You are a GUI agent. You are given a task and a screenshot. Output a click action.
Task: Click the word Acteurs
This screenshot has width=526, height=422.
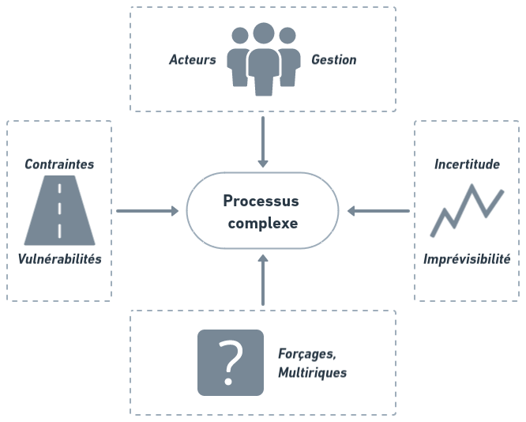pos(192,60)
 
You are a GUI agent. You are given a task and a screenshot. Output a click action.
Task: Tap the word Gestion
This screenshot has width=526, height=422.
pos(333,60)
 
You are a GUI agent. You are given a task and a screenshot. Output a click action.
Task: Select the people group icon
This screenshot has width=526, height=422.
pos(263,58)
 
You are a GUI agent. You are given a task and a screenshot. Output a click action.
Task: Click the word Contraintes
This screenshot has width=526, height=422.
pos(59,164)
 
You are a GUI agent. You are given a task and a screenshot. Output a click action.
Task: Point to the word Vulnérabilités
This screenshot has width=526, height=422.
pos(60,258)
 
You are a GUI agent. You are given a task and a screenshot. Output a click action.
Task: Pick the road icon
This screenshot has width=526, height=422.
pos(59,210)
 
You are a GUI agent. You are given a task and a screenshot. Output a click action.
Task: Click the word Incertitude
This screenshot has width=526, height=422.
pos(467,164)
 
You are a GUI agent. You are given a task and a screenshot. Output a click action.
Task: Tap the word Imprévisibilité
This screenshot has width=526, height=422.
pos(467,258)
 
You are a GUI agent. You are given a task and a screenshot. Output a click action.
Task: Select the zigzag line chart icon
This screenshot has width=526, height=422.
pos(467,209)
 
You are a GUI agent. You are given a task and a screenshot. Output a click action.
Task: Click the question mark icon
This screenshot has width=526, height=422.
pos(231,362)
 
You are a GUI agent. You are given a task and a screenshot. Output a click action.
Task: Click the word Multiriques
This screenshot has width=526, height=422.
pos(312,372)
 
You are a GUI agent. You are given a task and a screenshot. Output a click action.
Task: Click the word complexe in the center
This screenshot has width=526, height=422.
pos(262,223)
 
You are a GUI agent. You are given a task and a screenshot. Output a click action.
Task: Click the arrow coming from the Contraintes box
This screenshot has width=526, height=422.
pos(148,211)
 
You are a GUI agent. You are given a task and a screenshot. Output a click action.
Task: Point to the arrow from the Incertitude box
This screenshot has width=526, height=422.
pos(378,211)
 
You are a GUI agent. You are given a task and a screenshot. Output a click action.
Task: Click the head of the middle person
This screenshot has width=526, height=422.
pos(263,34)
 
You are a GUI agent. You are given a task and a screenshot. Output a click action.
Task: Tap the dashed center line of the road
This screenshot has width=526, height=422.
pos(59,210)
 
